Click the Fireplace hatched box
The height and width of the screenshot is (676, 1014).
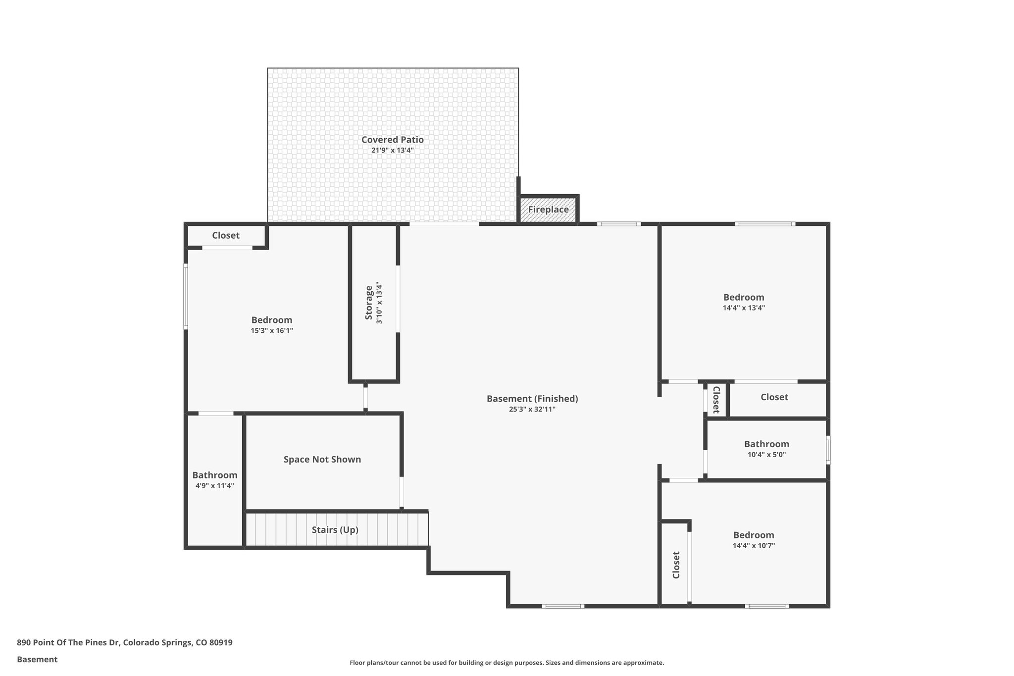click(x=548, y=209)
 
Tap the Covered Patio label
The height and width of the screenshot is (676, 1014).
click(x=392, y=140)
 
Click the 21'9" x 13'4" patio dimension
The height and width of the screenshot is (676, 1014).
click(x=392, y=150)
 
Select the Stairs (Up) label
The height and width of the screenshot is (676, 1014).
click(x=335, y=530)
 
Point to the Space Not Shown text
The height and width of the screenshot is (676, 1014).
click(x=322, y=460)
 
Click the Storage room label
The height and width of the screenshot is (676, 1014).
click(x=369, y=302)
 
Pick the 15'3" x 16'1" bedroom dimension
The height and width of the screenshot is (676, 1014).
click(x=271, y=331)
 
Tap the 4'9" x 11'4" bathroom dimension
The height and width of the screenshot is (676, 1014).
click(x=214, y=486)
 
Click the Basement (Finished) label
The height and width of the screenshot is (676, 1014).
click(x=532, y=399)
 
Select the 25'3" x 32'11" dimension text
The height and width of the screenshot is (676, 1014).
click(x=532, y=410)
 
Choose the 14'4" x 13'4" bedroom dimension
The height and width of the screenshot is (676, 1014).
click(x=744, y=308)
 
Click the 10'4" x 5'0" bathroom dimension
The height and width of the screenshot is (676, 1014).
click(x=766, y=455)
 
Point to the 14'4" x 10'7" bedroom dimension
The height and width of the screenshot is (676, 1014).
click(x=754, y=546)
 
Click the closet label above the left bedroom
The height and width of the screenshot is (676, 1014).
click(x=226, y=236)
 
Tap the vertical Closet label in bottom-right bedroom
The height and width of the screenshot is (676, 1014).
click(x=676, y=565)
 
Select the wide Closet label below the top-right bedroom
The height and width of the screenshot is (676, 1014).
click(x=774, y=397)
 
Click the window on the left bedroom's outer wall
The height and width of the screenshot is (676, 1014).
click(x=186, y=296)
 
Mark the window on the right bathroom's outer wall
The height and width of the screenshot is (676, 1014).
click(x=828, y=450)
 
